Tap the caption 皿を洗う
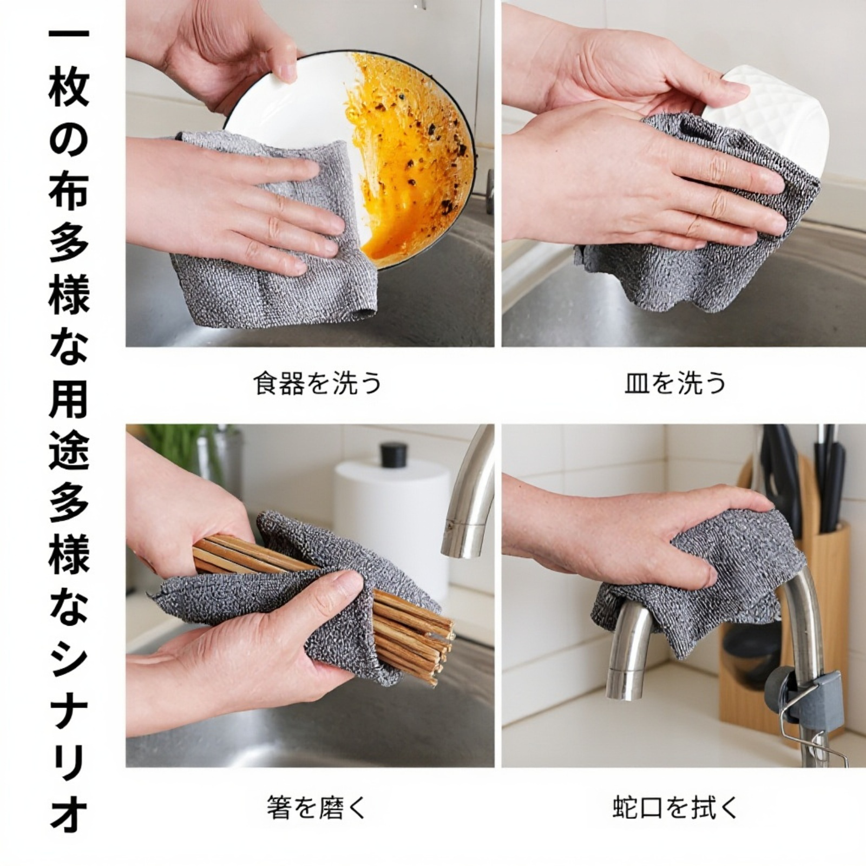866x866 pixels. (674, 384)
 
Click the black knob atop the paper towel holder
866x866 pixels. (393, 455)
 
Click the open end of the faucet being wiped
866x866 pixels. (622, 687)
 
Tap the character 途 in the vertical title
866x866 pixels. (69, 452)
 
